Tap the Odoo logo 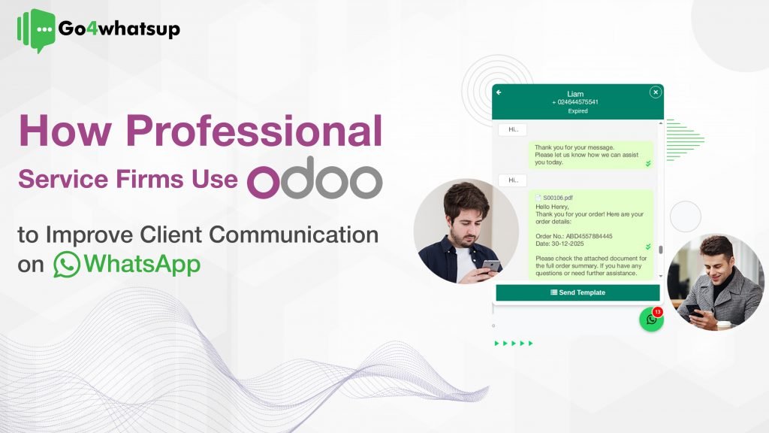[x=315, y=180]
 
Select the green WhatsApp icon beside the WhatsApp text [x=67, y=265]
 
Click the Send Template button [x=578, y=292]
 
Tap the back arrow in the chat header [x=499, y=92]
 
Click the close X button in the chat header [x=655, y=92]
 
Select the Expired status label [x=578, y=111]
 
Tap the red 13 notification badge [x=658, y=311]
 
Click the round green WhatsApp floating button [x=651, y=319]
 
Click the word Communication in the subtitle [x=294, y=235]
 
